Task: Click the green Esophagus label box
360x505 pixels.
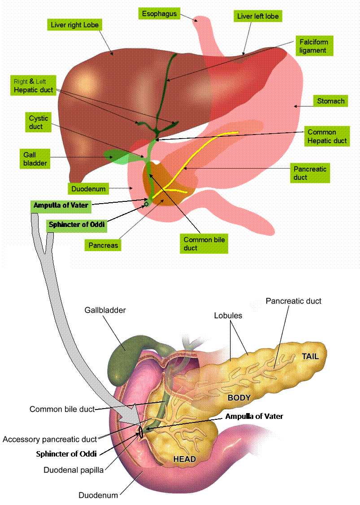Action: (159, 14)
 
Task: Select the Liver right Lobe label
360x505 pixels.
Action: (74, 25)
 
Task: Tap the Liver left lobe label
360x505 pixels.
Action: (258, 17)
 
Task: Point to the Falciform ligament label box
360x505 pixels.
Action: (313, 46)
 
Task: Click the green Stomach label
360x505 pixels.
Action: (331, 101)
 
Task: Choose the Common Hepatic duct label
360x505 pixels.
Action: (327, 136)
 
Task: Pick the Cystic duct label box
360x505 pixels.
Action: (39, 122)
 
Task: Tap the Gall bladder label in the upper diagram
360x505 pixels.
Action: (35, 159)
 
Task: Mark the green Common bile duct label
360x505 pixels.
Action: (204, 244)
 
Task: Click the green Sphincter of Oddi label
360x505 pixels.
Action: (77, 225)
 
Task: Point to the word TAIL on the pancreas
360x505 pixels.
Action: (310, 357)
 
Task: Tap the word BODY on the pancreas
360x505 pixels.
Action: (239, 397)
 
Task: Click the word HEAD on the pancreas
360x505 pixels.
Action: (185, 459)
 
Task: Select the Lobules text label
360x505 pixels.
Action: (228, 316)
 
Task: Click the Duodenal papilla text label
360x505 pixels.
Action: (74, 470)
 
